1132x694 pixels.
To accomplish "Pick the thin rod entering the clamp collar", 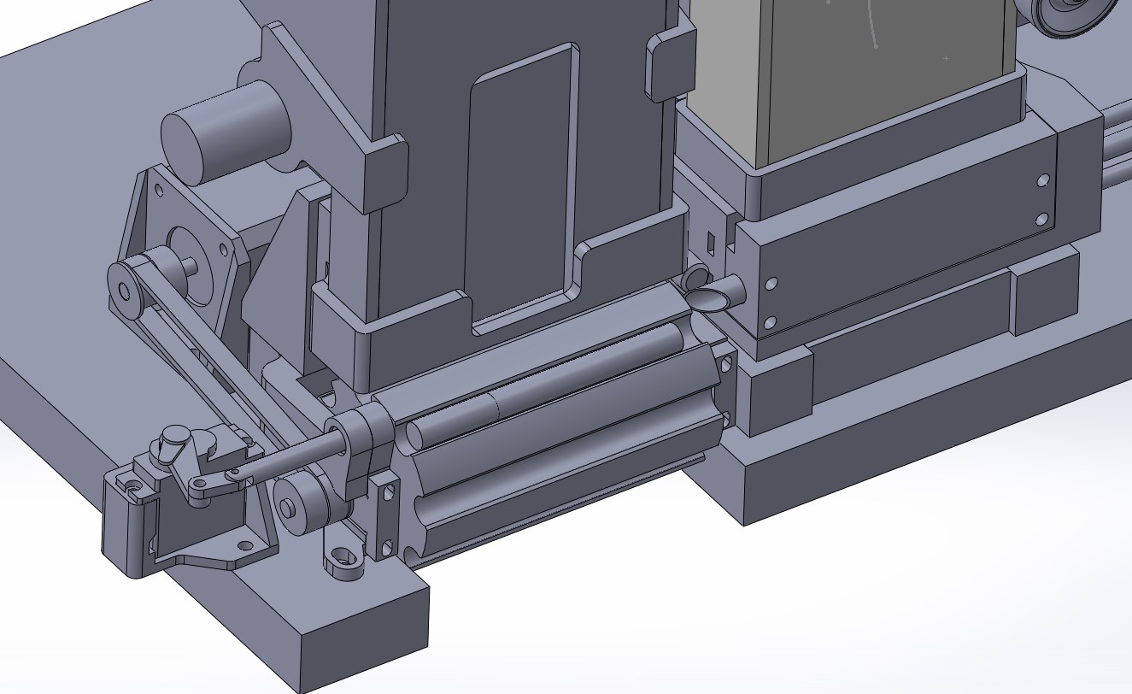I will [290, 454].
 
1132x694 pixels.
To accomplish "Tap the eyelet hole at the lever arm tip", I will [198, 488].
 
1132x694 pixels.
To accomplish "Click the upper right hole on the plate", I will [1043, 180].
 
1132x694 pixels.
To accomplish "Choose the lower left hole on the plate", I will [770, 323].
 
